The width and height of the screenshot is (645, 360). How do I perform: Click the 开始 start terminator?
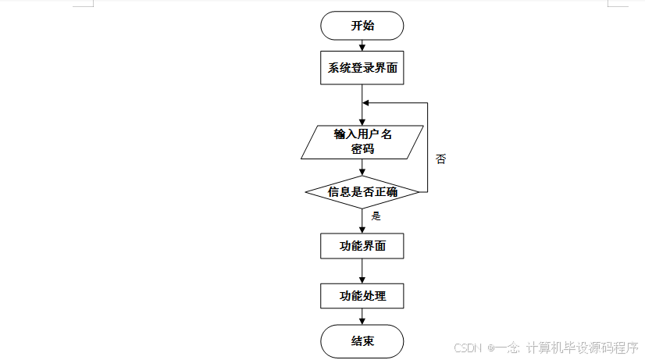tap(362, 26)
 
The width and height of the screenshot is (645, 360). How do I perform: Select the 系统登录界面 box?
tap(362, 68)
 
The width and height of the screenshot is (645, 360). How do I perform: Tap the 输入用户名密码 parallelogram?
tap(362, 141)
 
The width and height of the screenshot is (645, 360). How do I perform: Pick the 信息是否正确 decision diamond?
tap(362, 191)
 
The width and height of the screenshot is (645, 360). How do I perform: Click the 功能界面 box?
tap(362, 247)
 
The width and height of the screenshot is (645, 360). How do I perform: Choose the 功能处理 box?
tap(362, 296)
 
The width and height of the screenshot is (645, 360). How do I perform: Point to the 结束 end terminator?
tap(362, 341)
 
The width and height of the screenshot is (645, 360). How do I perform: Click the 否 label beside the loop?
tap(441, 159)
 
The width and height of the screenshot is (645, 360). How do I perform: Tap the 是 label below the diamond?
tap(376, 216)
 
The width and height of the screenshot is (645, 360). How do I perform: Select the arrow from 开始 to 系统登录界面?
tap(362, 45)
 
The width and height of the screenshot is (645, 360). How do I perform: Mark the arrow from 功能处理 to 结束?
tap(362, 317)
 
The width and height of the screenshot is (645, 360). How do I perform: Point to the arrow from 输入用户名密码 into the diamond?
tap(362, 167)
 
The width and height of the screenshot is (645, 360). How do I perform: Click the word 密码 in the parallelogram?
tap(362, 149)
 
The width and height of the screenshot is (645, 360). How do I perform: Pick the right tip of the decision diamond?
tap(419, 191)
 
